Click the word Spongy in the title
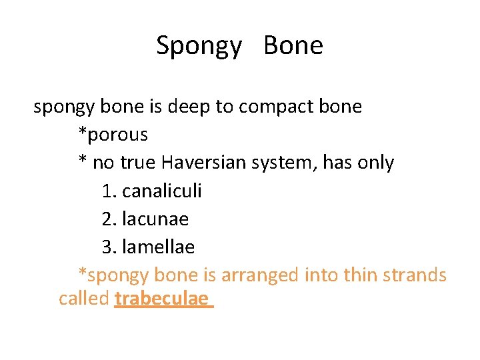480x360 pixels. pyautogui.click(x=199, y=47)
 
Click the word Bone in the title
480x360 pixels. pyautogui.click(x=293, y=45)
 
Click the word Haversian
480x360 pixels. pyautogui.click(x=206, y=163)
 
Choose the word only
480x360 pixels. pyautogui.click(x=375, y=163)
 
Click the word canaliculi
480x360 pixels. pyautogui.click(x=162, y=191)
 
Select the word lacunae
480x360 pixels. pyautogui.click(x=155, y=219)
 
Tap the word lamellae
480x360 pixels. pyautogui.click(x=158, y=247)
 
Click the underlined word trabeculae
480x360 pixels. pyautogui.click(x=161, y=299)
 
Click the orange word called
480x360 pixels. pyautogui.click(x=84, y=299)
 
